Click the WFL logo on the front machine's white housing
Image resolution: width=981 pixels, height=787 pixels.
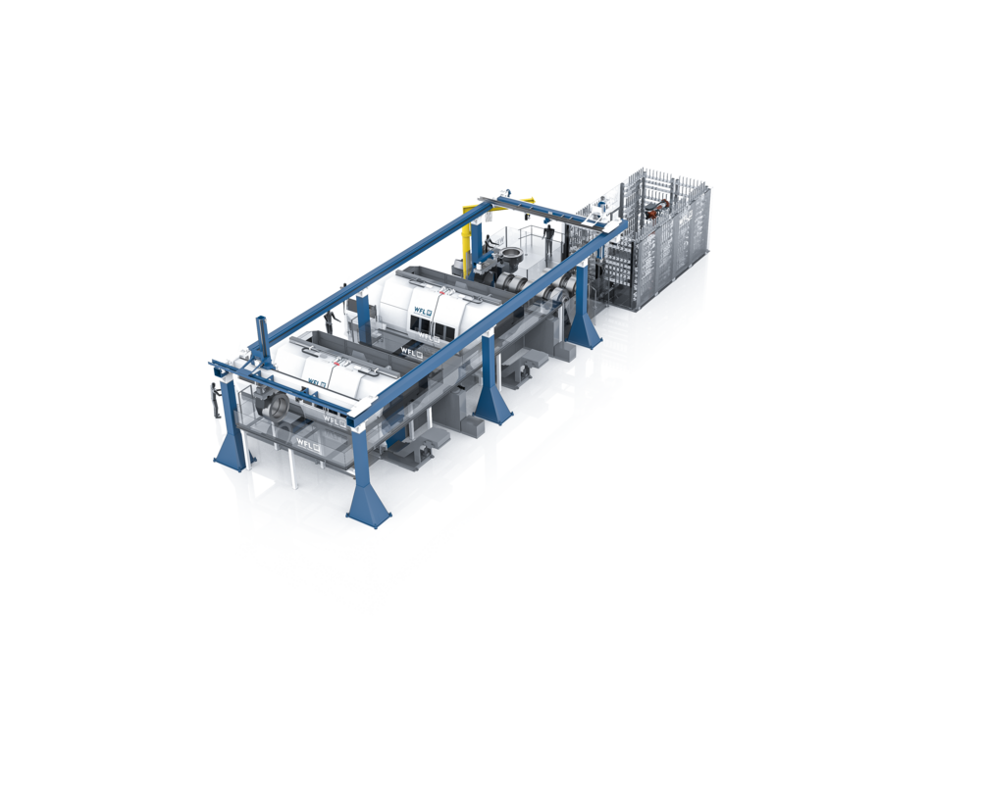pyautogui.click(x=315, y=383)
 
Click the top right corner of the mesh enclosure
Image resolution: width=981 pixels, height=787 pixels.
pyautogui.click(x=709, y=183)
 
